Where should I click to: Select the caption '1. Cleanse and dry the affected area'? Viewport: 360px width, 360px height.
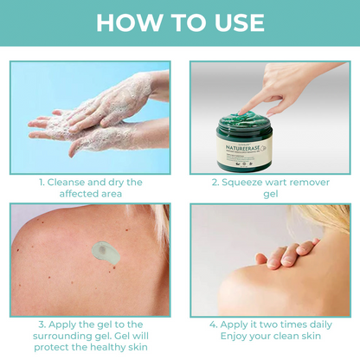pos(89,190)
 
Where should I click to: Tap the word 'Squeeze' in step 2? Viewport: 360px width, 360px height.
pos(246,183)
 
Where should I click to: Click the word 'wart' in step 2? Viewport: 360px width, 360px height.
pos(285,183)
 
